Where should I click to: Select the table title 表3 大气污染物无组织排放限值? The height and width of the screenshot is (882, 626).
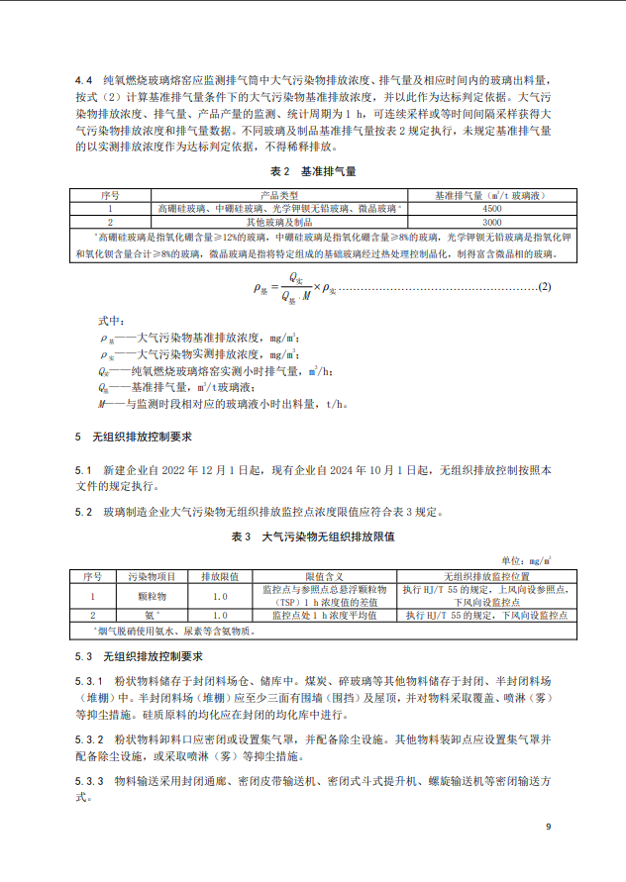tap(312, 536)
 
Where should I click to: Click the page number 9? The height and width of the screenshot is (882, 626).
tap(548, 827)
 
